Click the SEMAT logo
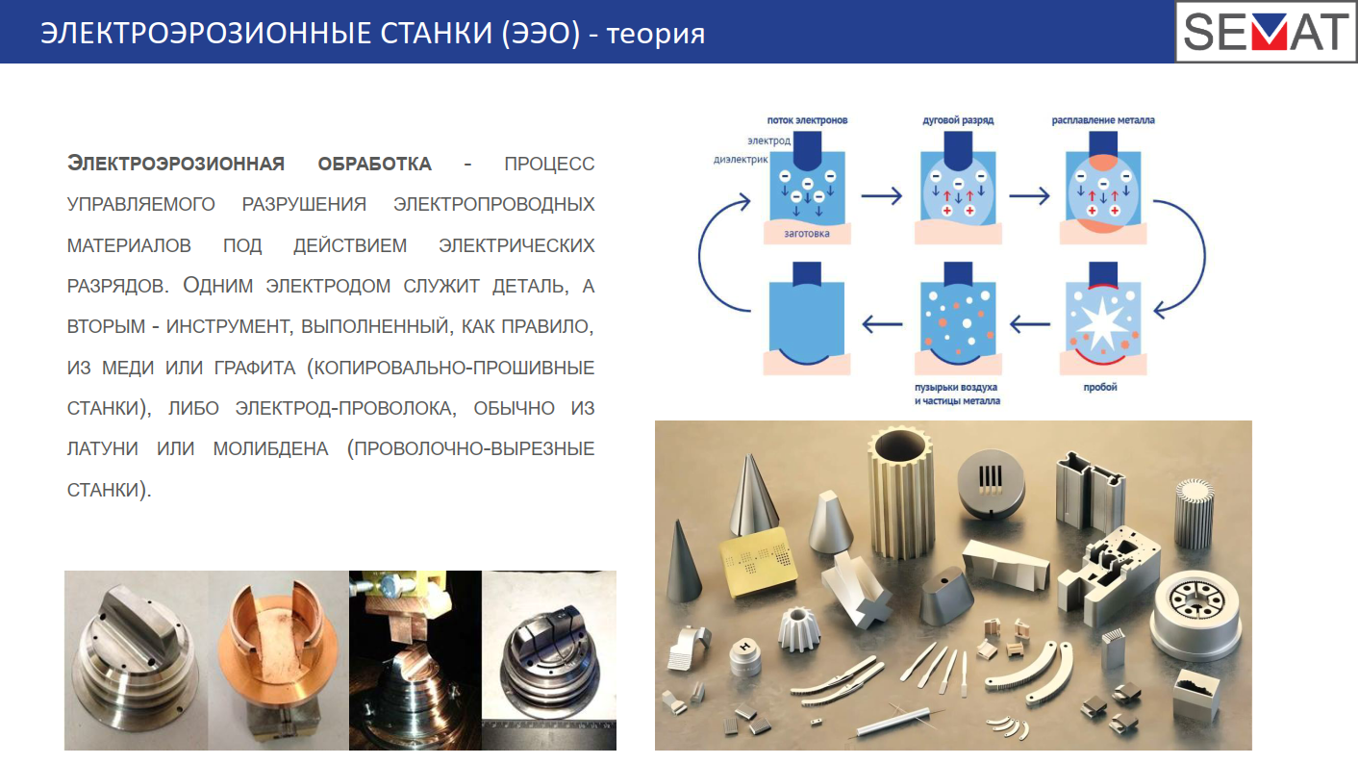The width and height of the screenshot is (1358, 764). coord(1266,32)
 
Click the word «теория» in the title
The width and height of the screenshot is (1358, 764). coord(655,34)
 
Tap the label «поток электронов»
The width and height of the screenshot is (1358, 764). coord(807,120)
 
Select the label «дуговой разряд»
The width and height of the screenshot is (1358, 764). coord(958,120)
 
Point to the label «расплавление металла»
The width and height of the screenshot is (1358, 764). coord(1103,120)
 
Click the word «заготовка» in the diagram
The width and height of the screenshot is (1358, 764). coord(806,234)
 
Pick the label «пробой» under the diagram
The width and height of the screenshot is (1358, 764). coord(1099,387)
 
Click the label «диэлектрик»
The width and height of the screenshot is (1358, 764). coord(741,160)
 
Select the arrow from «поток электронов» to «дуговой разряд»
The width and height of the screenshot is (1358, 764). coord(882,196)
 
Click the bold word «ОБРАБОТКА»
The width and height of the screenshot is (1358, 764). coord(375,164)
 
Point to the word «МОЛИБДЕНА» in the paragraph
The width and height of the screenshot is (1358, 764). coord(270,448)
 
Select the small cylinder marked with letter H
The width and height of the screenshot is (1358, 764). coord(745,656)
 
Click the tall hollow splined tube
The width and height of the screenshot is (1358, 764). coord(901,491)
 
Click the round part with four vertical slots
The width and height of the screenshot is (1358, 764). coord(991,484)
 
